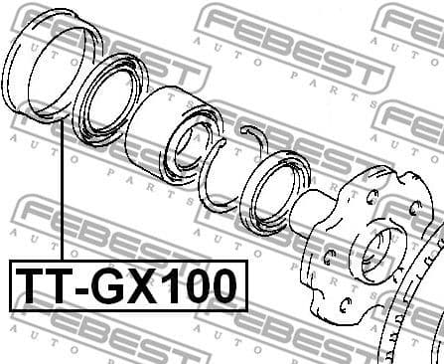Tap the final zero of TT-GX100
[x=223, y=286]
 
